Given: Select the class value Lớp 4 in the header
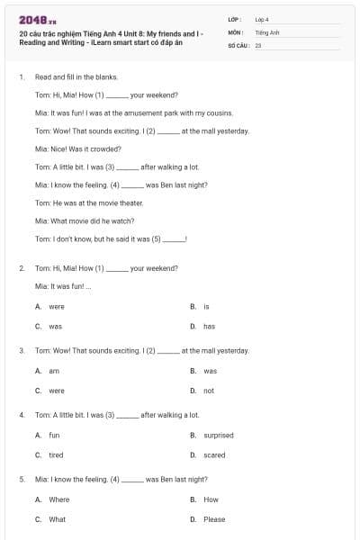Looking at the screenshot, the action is (x=262, y=19).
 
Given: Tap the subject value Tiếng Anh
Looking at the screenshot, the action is (x=265, y=31).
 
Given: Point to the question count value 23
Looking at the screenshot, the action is (x=258, y=44).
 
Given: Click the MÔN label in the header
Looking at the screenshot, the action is (x=235, y=31).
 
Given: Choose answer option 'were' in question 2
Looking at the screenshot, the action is (x=56, y=307).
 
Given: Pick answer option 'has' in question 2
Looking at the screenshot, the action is (x=209, y=326).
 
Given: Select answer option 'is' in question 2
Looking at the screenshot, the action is (x=206, y=307).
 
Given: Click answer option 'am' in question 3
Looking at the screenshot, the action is (x=53, y=371).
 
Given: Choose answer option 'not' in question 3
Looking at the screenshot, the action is (x=209, y=391).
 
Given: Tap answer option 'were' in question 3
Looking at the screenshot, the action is (x=56, y=391).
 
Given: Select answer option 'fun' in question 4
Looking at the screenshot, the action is (x=54, y=436).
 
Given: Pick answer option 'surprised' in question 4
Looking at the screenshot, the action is (x=218, y=436).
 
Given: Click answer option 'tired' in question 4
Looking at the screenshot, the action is (x=56, y=455).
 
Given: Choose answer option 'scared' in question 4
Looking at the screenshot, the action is (x=214, y=455).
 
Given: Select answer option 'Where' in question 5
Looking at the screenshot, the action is (x=58, y=499).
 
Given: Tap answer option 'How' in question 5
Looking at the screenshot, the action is (x=211, y=499).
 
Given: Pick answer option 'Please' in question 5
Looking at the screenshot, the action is (x=214, y=519).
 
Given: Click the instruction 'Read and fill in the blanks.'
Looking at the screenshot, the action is (x=76, y=77).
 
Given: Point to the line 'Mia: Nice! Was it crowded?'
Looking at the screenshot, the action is (x=77, y=148).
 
